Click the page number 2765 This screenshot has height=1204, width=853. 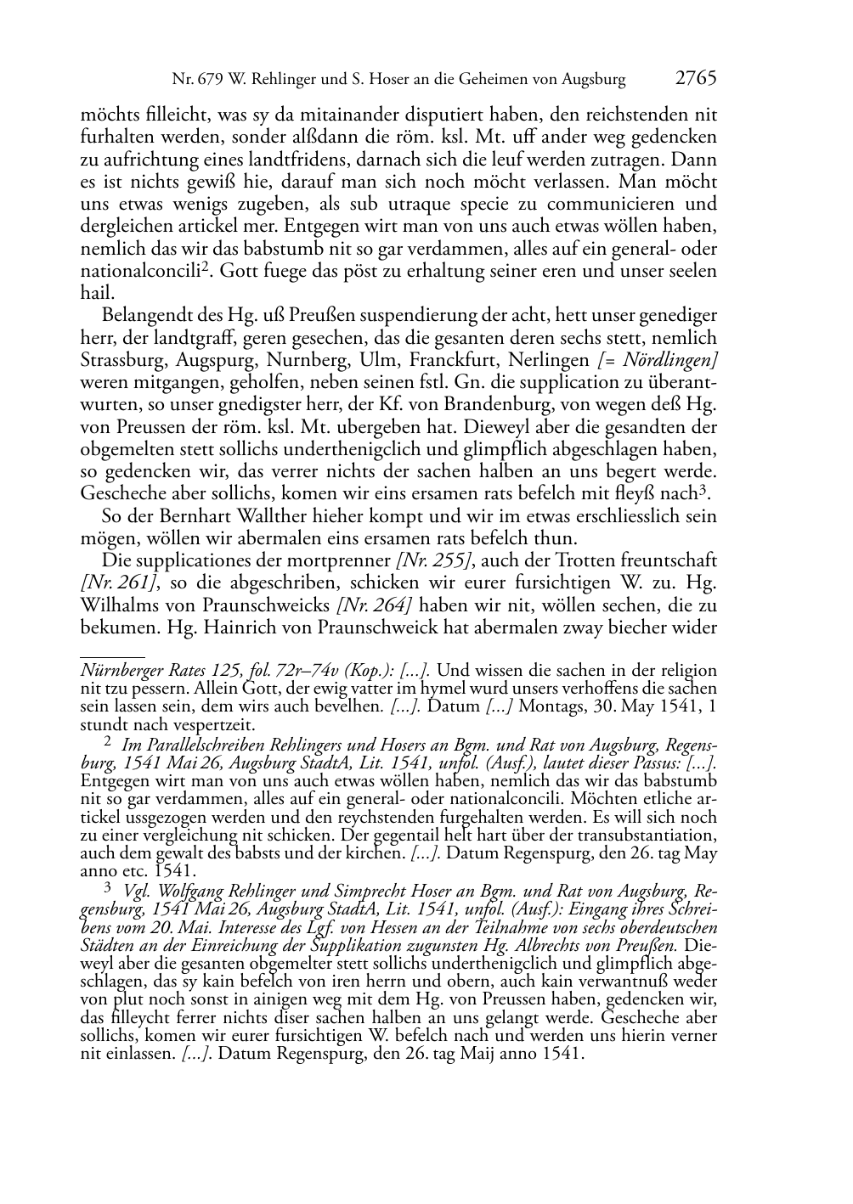[696, 79]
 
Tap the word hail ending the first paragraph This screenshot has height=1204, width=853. [96, 294]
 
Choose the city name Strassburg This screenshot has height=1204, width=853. [122, 360]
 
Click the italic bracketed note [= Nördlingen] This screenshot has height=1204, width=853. [657, 360]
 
